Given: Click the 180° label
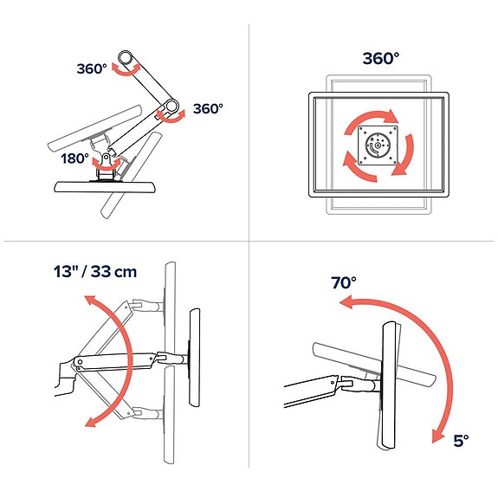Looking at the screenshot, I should pyautogui.click(x=75, y=158).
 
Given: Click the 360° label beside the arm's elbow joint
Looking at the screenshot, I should pyautogui.click(x=208, y=109).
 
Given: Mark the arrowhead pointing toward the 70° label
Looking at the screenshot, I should pyautogui.click(x=346, y=302).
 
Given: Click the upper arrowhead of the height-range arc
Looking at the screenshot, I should pyautogui.click(x=86, y=300).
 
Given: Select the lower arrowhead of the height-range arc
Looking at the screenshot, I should pyautogui.click(x=88, y=421).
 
